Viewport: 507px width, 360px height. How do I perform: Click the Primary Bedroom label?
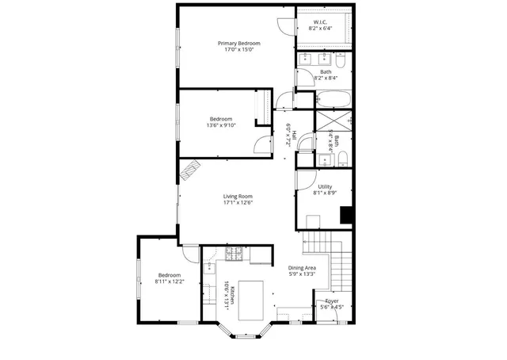[239, 43]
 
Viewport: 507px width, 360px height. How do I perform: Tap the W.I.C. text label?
[320, 21]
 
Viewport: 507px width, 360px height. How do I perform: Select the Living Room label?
[237, 196]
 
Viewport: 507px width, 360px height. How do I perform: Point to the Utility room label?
[325, 186]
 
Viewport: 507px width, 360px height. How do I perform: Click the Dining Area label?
[302, 268]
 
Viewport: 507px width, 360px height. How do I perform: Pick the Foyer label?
[332, 301]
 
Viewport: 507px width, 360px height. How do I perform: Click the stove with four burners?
[234, 254]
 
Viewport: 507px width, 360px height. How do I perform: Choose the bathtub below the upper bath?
[332, 100]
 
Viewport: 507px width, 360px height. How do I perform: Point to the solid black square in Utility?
[345, 215]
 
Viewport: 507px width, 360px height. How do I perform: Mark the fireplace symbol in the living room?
[192, 170]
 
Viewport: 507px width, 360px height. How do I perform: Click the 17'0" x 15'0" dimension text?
[239, 49]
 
